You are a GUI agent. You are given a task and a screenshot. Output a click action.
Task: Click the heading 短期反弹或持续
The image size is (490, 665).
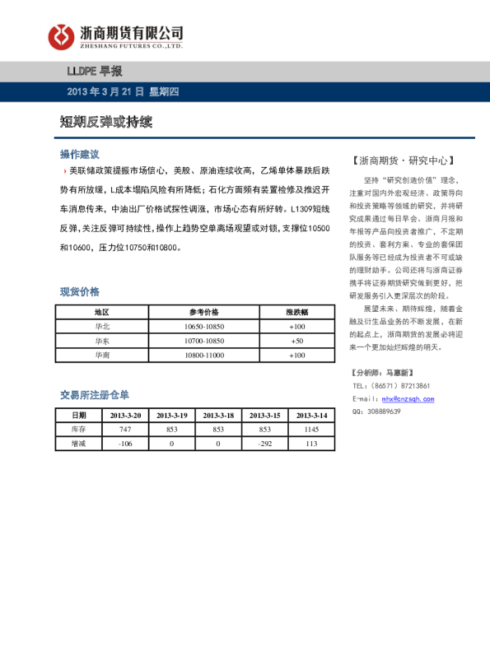[x=105, y=122]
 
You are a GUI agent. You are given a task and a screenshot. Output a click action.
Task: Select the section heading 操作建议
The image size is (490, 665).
[x=79, y=154]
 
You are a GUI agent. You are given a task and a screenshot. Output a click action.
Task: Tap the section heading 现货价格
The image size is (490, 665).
[x=79, y=291]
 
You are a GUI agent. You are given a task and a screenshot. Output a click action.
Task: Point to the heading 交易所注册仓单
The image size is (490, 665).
[x=95, y=395]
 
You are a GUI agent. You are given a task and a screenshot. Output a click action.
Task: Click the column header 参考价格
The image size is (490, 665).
[x=203, y=312]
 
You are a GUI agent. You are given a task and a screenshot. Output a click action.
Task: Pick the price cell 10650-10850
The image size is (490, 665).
[x=203, y=327]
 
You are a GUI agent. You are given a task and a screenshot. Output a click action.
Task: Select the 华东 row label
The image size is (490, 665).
[x=102, y=341]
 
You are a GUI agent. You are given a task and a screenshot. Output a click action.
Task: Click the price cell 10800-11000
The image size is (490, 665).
[x=203, y=356]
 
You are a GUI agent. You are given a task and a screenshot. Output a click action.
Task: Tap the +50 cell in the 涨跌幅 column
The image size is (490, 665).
[x=296, y=341]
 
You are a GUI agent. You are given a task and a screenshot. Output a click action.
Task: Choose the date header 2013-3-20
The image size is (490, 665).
[x=125, y=416]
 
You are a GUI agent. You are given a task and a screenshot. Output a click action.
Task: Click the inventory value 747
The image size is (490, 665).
[x=125, y=430]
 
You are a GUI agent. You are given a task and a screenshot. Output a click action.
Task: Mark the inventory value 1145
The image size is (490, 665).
[x=311, y=430]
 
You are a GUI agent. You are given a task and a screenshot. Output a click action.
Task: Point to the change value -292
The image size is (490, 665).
[x=265, y=444]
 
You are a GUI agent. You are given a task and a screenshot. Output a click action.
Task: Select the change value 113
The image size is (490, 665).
[x=311, y=444]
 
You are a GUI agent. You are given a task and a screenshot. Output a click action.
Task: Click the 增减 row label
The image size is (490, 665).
[x=78, y=444]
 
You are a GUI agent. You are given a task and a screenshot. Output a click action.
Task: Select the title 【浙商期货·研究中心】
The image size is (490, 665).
[x=401, y=160]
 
